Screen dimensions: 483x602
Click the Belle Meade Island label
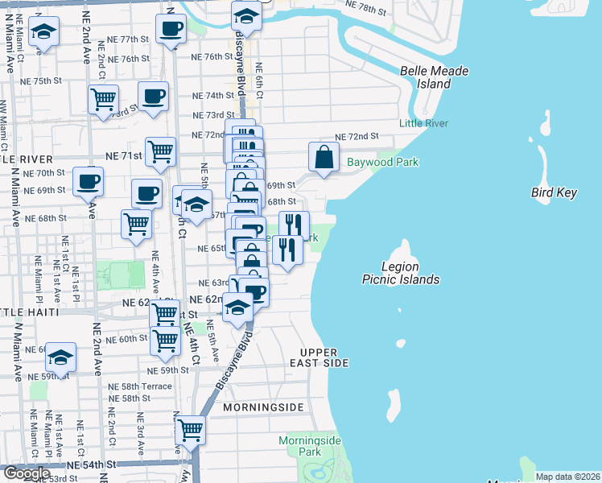(x=435, y=77)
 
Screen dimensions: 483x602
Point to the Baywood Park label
(x=383, y=162)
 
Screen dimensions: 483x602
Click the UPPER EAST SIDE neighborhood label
(x=324, y=358)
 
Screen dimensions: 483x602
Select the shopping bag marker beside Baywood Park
(x=324, y=157)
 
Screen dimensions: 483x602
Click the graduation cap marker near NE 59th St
(x=60, y=357)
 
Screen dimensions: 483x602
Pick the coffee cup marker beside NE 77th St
(x=170, y=30)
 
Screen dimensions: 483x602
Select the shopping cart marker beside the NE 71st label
(x=162, y=151)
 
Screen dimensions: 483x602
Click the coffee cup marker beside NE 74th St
(x=153, y=97)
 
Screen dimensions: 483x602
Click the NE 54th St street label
(x=92, y=465)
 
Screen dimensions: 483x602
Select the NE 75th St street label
(x=42, y=80)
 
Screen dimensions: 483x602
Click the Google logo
(x=26, y=473)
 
